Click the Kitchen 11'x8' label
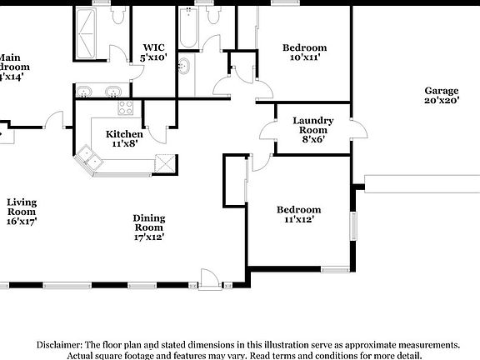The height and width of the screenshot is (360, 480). click(x=123, y=138)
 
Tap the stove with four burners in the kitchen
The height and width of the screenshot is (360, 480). click(x=126, y=107)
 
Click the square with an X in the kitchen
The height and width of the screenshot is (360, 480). click(x=166, y=162)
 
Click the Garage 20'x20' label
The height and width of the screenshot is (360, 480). click(x=442, y=96)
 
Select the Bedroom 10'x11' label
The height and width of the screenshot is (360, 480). click(x=303, y=52)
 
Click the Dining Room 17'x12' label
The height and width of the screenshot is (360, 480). click(x=149, y=227)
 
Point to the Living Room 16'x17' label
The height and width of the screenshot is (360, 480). click(x=22, y=211)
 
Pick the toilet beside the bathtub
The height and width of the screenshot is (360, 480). click(x=213, y=16)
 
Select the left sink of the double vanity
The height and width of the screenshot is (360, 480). click(x=86, y=91)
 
